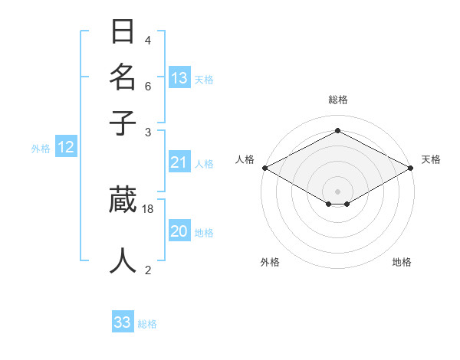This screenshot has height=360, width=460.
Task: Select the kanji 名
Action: [x=123, y=77]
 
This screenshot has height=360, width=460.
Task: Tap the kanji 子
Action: [x=123, y=122]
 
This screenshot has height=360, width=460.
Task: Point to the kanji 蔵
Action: [x=123, y=199]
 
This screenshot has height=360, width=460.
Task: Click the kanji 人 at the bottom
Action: [x=123, y=260]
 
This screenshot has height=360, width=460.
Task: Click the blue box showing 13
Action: [x=179, y=78]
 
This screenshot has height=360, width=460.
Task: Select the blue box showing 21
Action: [x=179, y=162]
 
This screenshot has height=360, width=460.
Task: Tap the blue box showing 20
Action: [x=179, y=232]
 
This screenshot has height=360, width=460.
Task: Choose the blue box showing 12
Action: [x=66, y=148]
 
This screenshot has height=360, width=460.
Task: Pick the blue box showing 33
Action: [x=123, y=322]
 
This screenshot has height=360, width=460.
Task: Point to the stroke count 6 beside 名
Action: [x=148, y=86]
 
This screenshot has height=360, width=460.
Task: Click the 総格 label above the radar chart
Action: [x=337, y=100]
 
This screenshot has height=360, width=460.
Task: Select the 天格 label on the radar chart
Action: [x=431, y=159]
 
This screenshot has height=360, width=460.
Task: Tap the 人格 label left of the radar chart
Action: [x=245, y=159]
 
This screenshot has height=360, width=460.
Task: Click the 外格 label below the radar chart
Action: [x=270, y=262]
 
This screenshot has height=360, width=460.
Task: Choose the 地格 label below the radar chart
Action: [x=402, y=262]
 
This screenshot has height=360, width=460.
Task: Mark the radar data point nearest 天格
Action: [x=411, y=168]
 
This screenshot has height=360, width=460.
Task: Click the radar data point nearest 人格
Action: [x=264, y=168]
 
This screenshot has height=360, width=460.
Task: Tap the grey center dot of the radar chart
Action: [x=337, y=191]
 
